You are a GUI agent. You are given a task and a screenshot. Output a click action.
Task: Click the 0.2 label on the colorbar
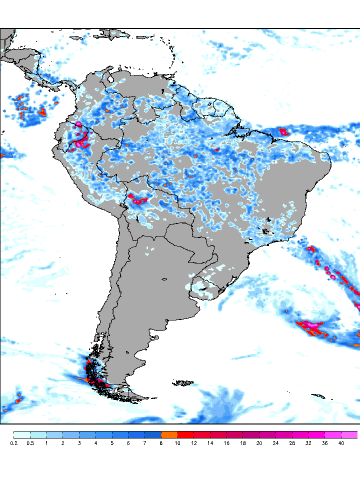click(x=13, y=443)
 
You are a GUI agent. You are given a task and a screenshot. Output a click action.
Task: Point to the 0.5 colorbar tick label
click(x=30, y=443)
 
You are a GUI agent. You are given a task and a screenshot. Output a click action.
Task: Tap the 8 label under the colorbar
click(x=161, y=443)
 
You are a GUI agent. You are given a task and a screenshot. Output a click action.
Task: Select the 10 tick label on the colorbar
click(x=177, y=443)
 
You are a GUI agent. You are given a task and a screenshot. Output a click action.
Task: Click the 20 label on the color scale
click(x=259, y=443)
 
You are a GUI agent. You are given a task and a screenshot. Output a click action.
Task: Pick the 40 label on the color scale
click(x=341, y=443)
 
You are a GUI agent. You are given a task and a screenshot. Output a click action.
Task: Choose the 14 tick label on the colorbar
click(x=210, y=443)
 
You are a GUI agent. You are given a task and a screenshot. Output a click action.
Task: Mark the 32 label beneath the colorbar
click(x=308, y=443)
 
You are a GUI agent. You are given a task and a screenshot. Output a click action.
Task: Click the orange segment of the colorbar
click(x=169, y=434)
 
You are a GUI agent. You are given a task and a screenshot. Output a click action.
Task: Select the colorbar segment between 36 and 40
click(x=333, y=434)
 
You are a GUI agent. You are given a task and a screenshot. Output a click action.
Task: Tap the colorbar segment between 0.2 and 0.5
click(x=22, y=434)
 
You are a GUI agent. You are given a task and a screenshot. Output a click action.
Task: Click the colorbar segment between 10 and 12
click(x=186, y=434)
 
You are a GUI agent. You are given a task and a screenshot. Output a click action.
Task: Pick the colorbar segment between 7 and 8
click(x=153, y=434)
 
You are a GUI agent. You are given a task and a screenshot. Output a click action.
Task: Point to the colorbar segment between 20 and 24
click(x=267, y=434)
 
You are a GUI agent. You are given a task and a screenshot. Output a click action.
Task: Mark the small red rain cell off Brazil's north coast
click(x=284, y=132)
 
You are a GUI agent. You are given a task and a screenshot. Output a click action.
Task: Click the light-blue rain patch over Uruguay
click(x=202, y=288)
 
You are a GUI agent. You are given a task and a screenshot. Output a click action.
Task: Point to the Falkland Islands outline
click(x=183, y=383)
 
